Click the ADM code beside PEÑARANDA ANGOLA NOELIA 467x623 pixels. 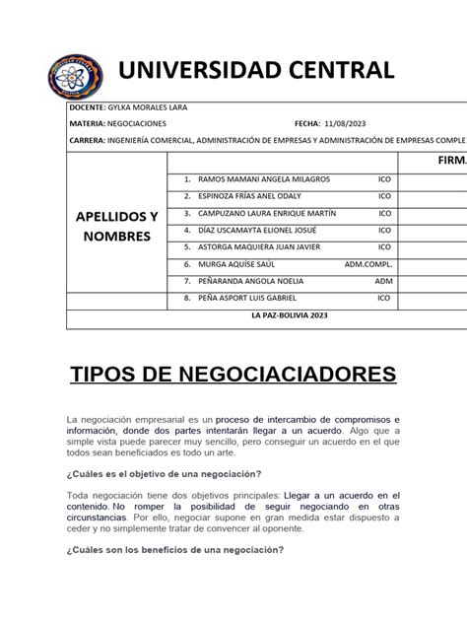point(383,281)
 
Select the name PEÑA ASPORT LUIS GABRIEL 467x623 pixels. point(246,298)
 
